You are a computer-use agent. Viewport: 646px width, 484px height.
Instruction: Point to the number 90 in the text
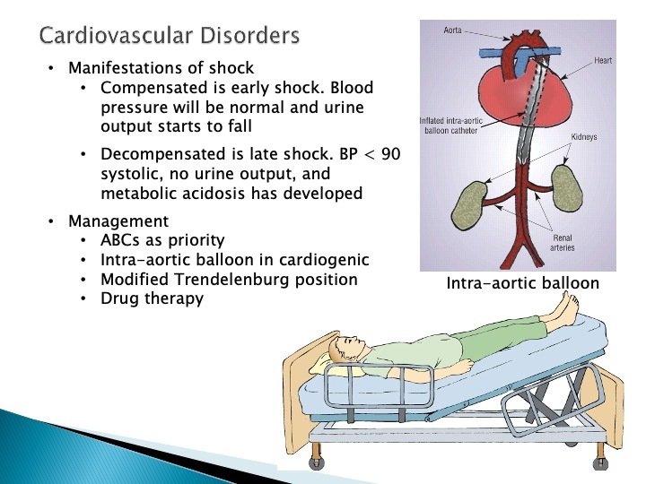(390, 154)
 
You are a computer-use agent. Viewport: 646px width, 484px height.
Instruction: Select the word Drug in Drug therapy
(120, 299)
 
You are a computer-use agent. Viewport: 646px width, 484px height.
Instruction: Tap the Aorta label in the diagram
(453, 30)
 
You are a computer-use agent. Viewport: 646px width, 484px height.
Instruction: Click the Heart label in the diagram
(602, 61)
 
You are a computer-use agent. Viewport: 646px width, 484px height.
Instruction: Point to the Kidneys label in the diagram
(585, 137)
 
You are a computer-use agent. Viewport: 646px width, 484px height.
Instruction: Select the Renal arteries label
(563, 242)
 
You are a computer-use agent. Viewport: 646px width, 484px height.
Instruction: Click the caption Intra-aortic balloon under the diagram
(522, 284)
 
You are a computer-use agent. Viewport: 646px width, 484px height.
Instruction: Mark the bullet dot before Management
(51, 220)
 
